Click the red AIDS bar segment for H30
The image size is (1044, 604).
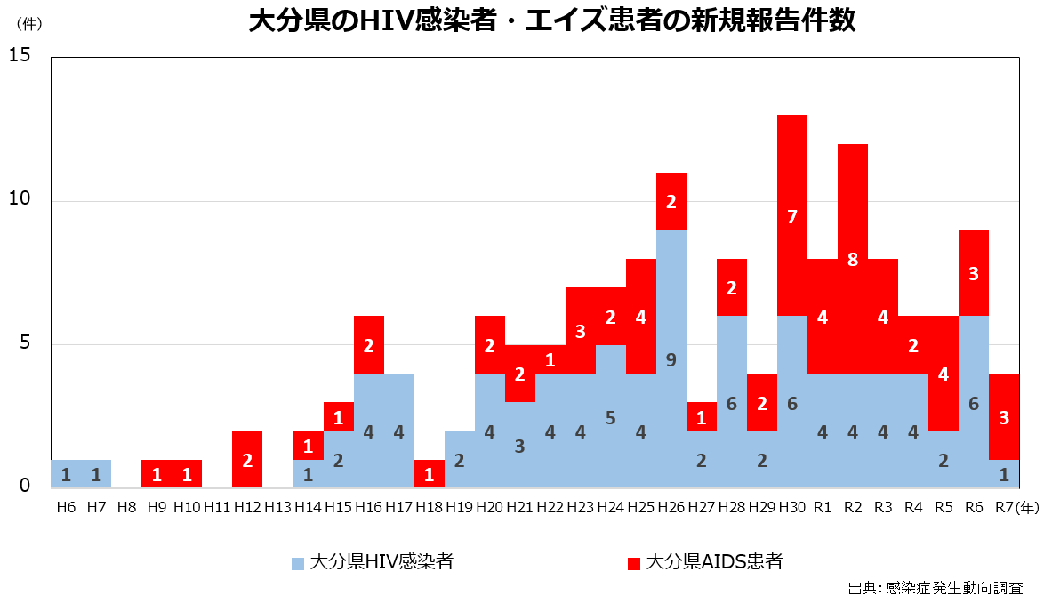pyautogui.click(x=792, y=215)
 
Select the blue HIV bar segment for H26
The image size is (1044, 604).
pyautogui.click(x=671, y=358)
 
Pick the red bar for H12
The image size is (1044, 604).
pyautogui.click(x=247, y=459)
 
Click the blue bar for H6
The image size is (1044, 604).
pyautogui.click(x=66, y=473)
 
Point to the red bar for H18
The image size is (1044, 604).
pyautogui.click(x=430, y=473)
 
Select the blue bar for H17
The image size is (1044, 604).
pyautogui.click(x=399, y=431)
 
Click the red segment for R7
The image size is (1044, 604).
pyautogui.click(x=1004, y=416)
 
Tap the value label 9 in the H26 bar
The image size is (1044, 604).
pyautogui.click(x=671, y=359)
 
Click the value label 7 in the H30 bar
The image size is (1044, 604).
pyautogui.click(x=792, y=216)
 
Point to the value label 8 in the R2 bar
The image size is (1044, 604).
pyautogui.click(x=853, y=260)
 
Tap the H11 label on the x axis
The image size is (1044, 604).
pyautogui.click(x=217, y=507)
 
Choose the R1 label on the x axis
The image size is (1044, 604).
pyautogui.click(x=823, y=507)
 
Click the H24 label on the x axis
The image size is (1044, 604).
pyautogui.click(x=611, y=507)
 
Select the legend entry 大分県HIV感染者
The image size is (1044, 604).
pyautogui.click(x=373, y=562)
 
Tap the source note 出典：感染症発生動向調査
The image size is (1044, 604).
pyautogui.click(x=934, y=588)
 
